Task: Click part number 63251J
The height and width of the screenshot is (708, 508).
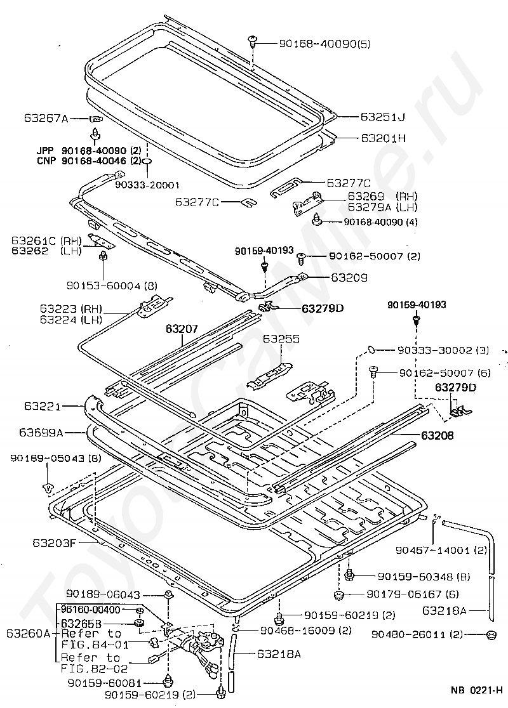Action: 382,117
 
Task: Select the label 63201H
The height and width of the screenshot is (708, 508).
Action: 382,137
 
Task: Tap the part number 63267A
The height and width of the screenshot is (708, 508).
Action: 46,118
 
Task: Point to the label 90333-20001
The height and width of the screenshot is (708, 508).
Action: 147,185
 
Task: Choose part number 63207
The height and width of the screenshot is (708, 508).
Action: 182,329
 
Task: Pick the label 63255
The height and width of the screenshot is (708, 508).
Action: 281,339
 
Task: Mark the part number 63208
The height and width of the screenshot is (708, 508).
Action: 437,436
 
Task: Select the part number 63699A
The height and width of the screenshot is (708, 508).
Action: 41,433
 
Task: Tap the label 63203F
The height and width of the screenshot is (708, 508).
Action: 54,542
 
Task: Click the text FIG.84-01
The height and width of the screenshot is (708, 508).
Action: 95,644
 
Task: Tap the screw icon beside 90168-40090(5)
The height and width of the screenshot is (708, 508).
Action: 253,42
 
